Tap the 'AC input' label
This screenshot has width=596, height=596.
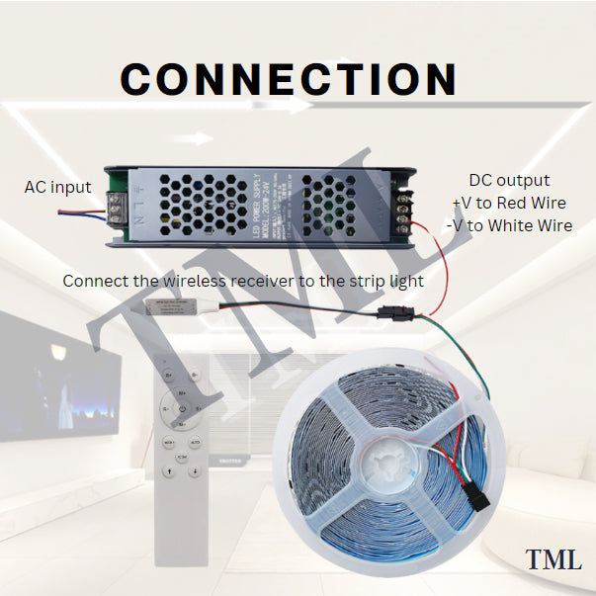click(57, 187)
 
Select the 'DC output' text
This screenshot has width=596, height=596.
click(509, 180)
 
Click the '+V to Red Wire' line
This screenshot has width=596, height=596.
click(509, 203)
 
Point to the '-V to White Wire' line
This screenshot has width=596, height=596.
click(509, 225)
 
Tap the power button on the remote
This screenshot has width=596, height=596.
click(182, 406)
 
